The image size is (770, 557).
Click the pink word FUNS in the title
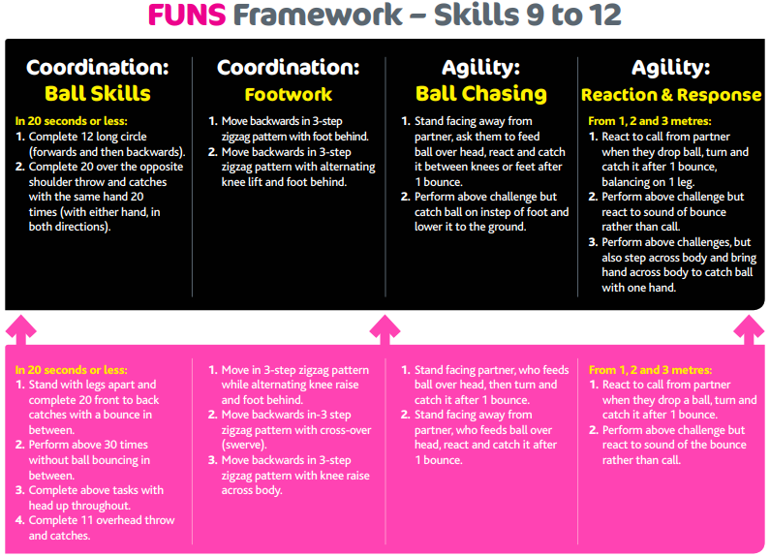coord(187,15)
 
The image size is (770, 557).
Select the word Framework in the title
coord(318,15)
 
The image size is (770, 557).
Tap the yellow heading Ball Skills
coord(97,93)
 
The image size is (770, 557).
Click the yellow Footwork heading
coord(289,94)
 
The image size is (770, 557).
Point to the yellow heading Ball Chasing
coord(480,94)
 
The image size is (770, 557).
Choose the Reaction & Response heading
coord(671,95)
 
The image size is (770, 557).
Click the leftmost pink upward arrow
coord(20,329)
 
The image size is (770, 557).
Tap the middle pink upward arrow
coord(385,329)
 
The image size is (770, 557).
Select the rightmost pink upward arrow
coord(749,329)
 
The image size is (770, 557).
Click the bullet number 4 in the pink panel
coord(19,520)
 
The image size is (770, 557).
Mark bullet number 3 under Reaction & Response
coord(593,242)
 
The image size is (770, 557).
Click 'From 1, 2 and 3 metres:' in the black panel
coord(650,121)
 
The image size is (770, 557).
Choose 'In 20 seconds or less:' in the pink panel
coord(72,370)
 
